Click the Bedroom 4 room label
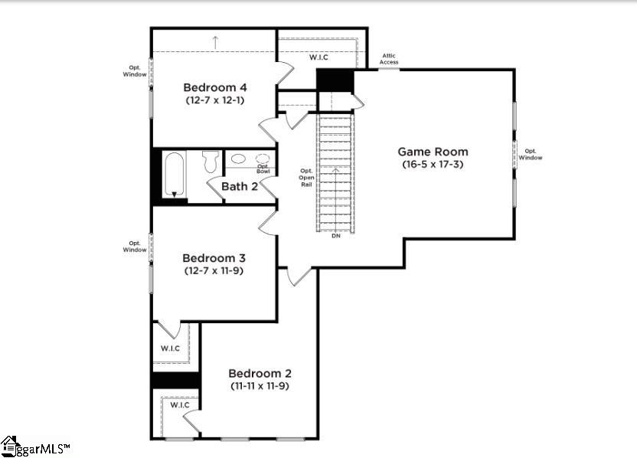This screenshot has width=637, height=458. pyautogui.click(x=215, y=87)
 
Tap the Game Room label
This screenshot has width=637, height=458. pyautogui.click(x=433, y=152)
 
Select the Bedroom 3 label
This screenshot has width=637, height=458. pyautogui.click(x=214, y=258)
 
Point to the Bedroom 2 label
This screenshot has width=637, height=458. pyautogui.click(x=260, y=373)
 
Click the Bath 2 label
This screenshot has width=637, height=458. pyautogui.click(x=240, y=187)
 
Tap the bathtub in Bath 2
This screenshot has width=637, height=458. pyautogui.click(x=175, y=175)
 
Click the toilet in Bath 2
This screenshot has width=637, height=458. pyautogui.click(x=211, y=162)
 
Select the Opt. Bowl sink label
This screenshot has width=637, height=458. pyautogui.click(x=263, y=168)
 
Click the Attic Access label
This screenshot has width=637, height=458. pyautogui.click(x=389, y=59)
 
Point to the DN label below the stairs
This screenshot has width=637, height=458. pyautogui.click(x=336, y=236)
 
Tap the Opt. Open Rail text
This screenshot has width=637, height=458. pyautogui.click(x=306, y=178)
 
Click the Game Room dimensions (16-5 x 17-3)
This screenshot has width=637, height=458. pyautogui.click(x=433, y=164)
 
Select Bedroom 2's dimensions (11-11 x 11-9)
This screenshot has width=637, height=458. pyautogui.click(x=260, y=386)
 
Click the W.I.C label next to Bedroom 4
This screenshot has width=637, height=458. pyautogui.click(x=318, y=57)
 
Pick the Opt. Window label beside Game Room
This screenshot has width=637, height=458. pyautogui.click(x=531, y=154)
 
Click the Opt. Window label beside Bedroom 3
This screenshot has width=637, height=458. pyautogui.click(x=135, y=247)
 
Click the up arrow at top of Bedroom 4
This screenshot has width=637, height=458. pyautogui.click(x=215, y=42)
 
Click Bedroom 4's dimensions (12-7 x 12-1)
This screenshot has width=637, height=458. pyautogui.click(x=215, y=100)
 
